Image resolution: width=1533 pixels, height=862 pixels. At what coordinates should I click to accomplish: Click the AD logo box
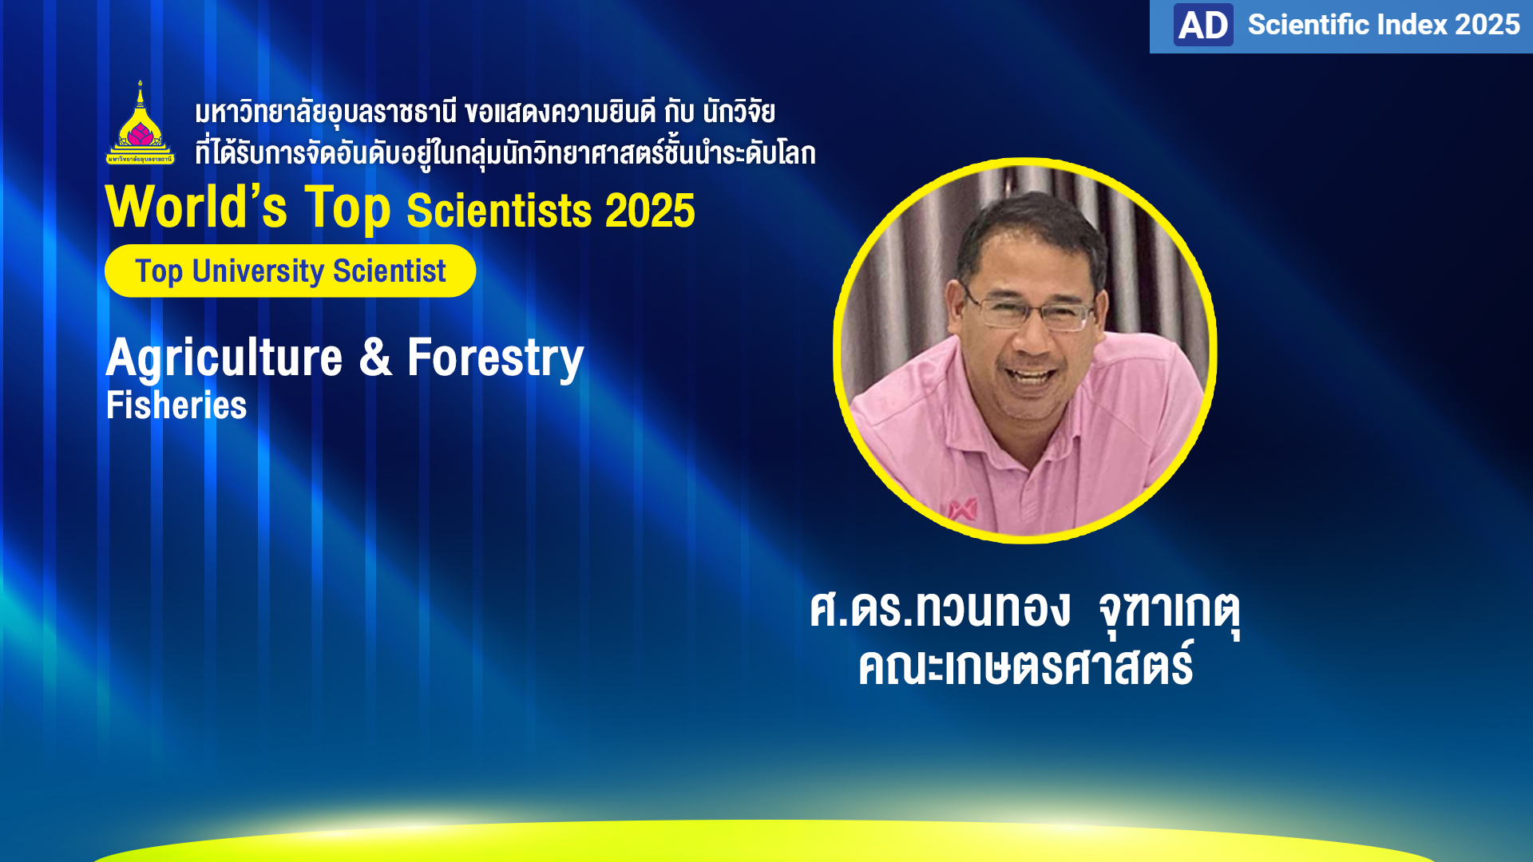point(1203,25)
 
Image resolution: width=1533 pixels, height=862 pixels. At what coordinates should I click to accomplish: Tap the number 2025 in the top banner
point(1487,25)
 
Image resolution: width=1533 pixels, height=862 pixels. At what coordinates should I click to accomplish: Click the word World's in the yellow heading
point(196,207)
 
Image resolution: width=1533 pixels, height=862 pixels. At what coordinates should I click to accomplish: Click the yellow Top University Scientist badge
point(290,271)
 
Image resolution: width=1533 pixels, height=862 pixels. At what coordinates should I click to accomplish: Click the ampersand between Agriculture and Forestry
point(375,357)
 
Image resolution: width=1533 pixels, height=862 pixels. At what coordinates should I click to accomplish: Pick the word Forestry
point(496,358)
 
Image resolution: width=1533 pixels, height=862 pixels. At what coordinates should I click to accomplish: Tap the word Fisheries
point(176,405)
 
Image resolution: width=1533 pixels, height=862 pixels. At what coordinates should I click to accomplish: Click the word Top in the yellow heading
point(348,209)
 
